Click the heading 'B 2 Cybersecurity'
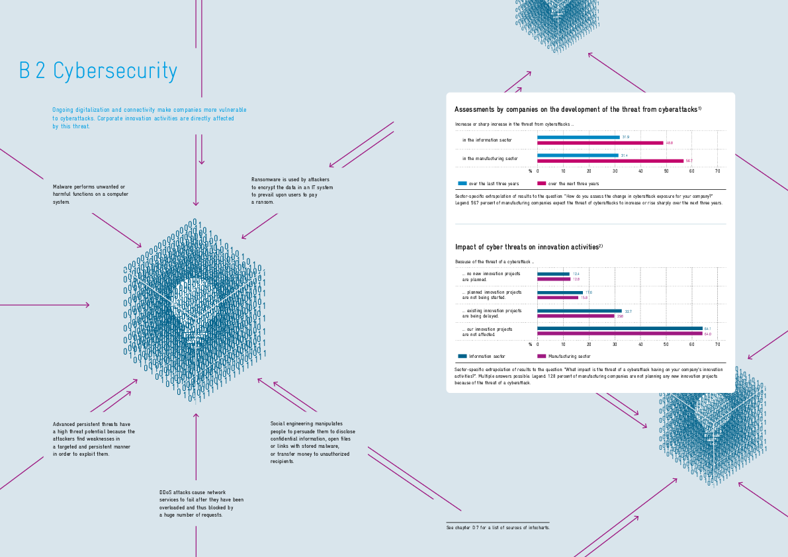click(98, 71)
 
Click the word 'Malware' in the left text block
click(63, 187)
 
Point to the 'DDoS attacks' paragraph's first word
click(167, 492)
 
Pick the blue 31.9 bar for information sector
click(578, 137)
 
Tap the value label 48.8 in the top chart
click(670, 143)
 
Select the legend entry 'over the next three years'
click(573, 183)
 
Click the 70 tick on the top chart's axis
click(717, 171)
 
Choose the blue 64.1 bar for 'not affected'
click(620, 328)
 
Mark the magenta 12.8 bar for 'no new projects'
click(554, 279)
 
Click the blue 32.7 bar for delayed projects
click(580, 310)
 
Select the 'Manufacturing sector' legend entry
click(569, 356)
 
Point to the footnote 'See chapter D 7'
click(498, 527)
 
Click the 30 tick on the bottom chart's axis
click(615, 344)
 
